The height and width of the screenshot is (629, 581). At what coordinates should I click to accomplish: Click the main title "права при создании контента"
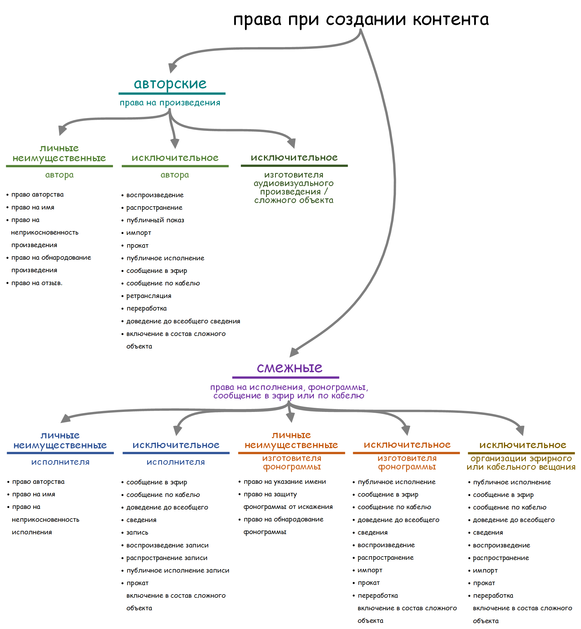pyautogui.click(x=361, y=20)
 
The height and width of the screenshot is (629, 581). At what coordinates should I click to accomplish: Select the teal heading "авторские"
pyautogui.click(x=170, y=84)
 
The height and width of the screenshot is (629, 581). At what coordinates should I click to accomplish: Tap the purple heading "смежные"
pyautogui.click(x=289, y=368)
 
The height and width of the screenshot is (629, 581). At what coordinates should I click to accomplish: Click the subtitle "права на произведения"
pyautogui.click(x=170, y=103)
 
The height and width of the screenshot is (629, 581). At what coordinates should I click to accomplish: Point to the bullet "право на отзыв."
pyautogui.click(x=37, y=283)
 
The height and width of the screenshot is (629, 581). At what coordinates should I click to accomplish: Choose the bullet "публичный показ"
pyautogui.click(x=155, y=220)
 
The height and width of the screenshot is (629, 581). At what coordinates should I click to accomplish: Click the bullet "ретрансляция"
pyautogui.click(x=149, y=296)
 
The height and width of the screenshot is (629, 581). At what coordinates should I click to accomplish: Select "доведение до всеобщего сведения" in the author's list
pyautogui.click(x=183, y=321)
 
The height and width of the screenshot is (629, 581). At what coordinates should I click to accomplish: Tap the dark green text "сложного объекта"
pyautogui.click(x=294, y=200)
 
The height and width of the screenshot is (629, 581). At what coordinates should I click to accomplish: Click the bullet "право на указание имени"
pyautogui.click(x=285, y=482)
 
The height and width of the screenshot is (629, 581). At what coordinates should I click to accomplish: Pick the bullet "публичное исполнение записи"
pyautogui.click(x=178, y=571)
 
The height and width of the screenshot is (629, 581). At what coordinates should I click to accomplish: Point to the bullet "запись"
pyautogui.click(x=137, y=532)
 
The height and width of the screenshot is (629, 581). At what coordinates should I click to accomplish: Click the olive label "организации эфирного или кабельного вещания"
pyautogui.click(x=521, y=463)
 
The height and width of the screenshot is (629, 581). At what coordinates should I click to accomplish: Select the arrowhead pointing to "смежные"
pyautogui.click(x=294, y=352)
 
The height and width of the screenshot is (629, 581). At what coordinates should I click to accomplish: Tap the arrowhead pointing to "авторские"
pyautogui.click(x=173, y=68)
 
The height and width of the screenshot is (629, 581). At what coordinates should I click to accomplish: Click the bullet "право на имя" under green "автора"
pyautogui.click(x=33, y=207)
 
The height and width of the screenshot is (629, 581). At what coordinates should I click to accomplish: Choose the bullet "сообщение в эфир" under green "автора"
pyautogui.click(x=156, y=271)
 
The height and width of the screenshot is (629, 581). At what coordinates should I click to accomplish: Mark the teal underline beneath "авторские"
pyautogui.click(x=172, y=93)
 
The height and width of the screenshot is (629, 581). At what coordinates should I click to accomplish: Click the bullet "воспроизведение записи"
pyautogui.click(x=167, y=545)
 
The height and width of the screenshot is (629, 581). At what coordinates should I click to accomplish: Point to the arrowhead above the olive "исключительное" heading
pyautogui.click(x=520, y=430)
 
